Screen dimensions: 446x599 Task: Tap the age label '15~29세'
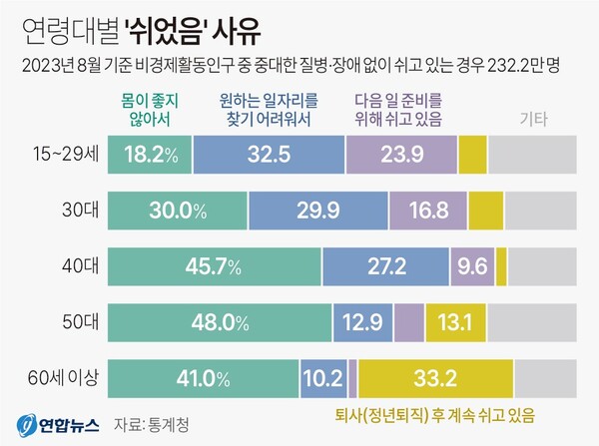pyautogui.click(x=57, y=155)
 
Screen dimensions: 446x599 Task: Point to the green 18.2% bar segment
pyautogui.click(x=149, y=155)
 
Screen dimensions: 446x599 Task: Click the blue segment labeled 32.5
pyautogui.click(x=268, y=155)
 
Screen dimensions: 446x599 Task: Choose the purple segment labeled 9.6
pyautogui.click(x=474, y=267)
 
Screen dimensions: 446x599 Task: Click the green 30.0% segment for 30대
pyautogui.click(x=177, y=211)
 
